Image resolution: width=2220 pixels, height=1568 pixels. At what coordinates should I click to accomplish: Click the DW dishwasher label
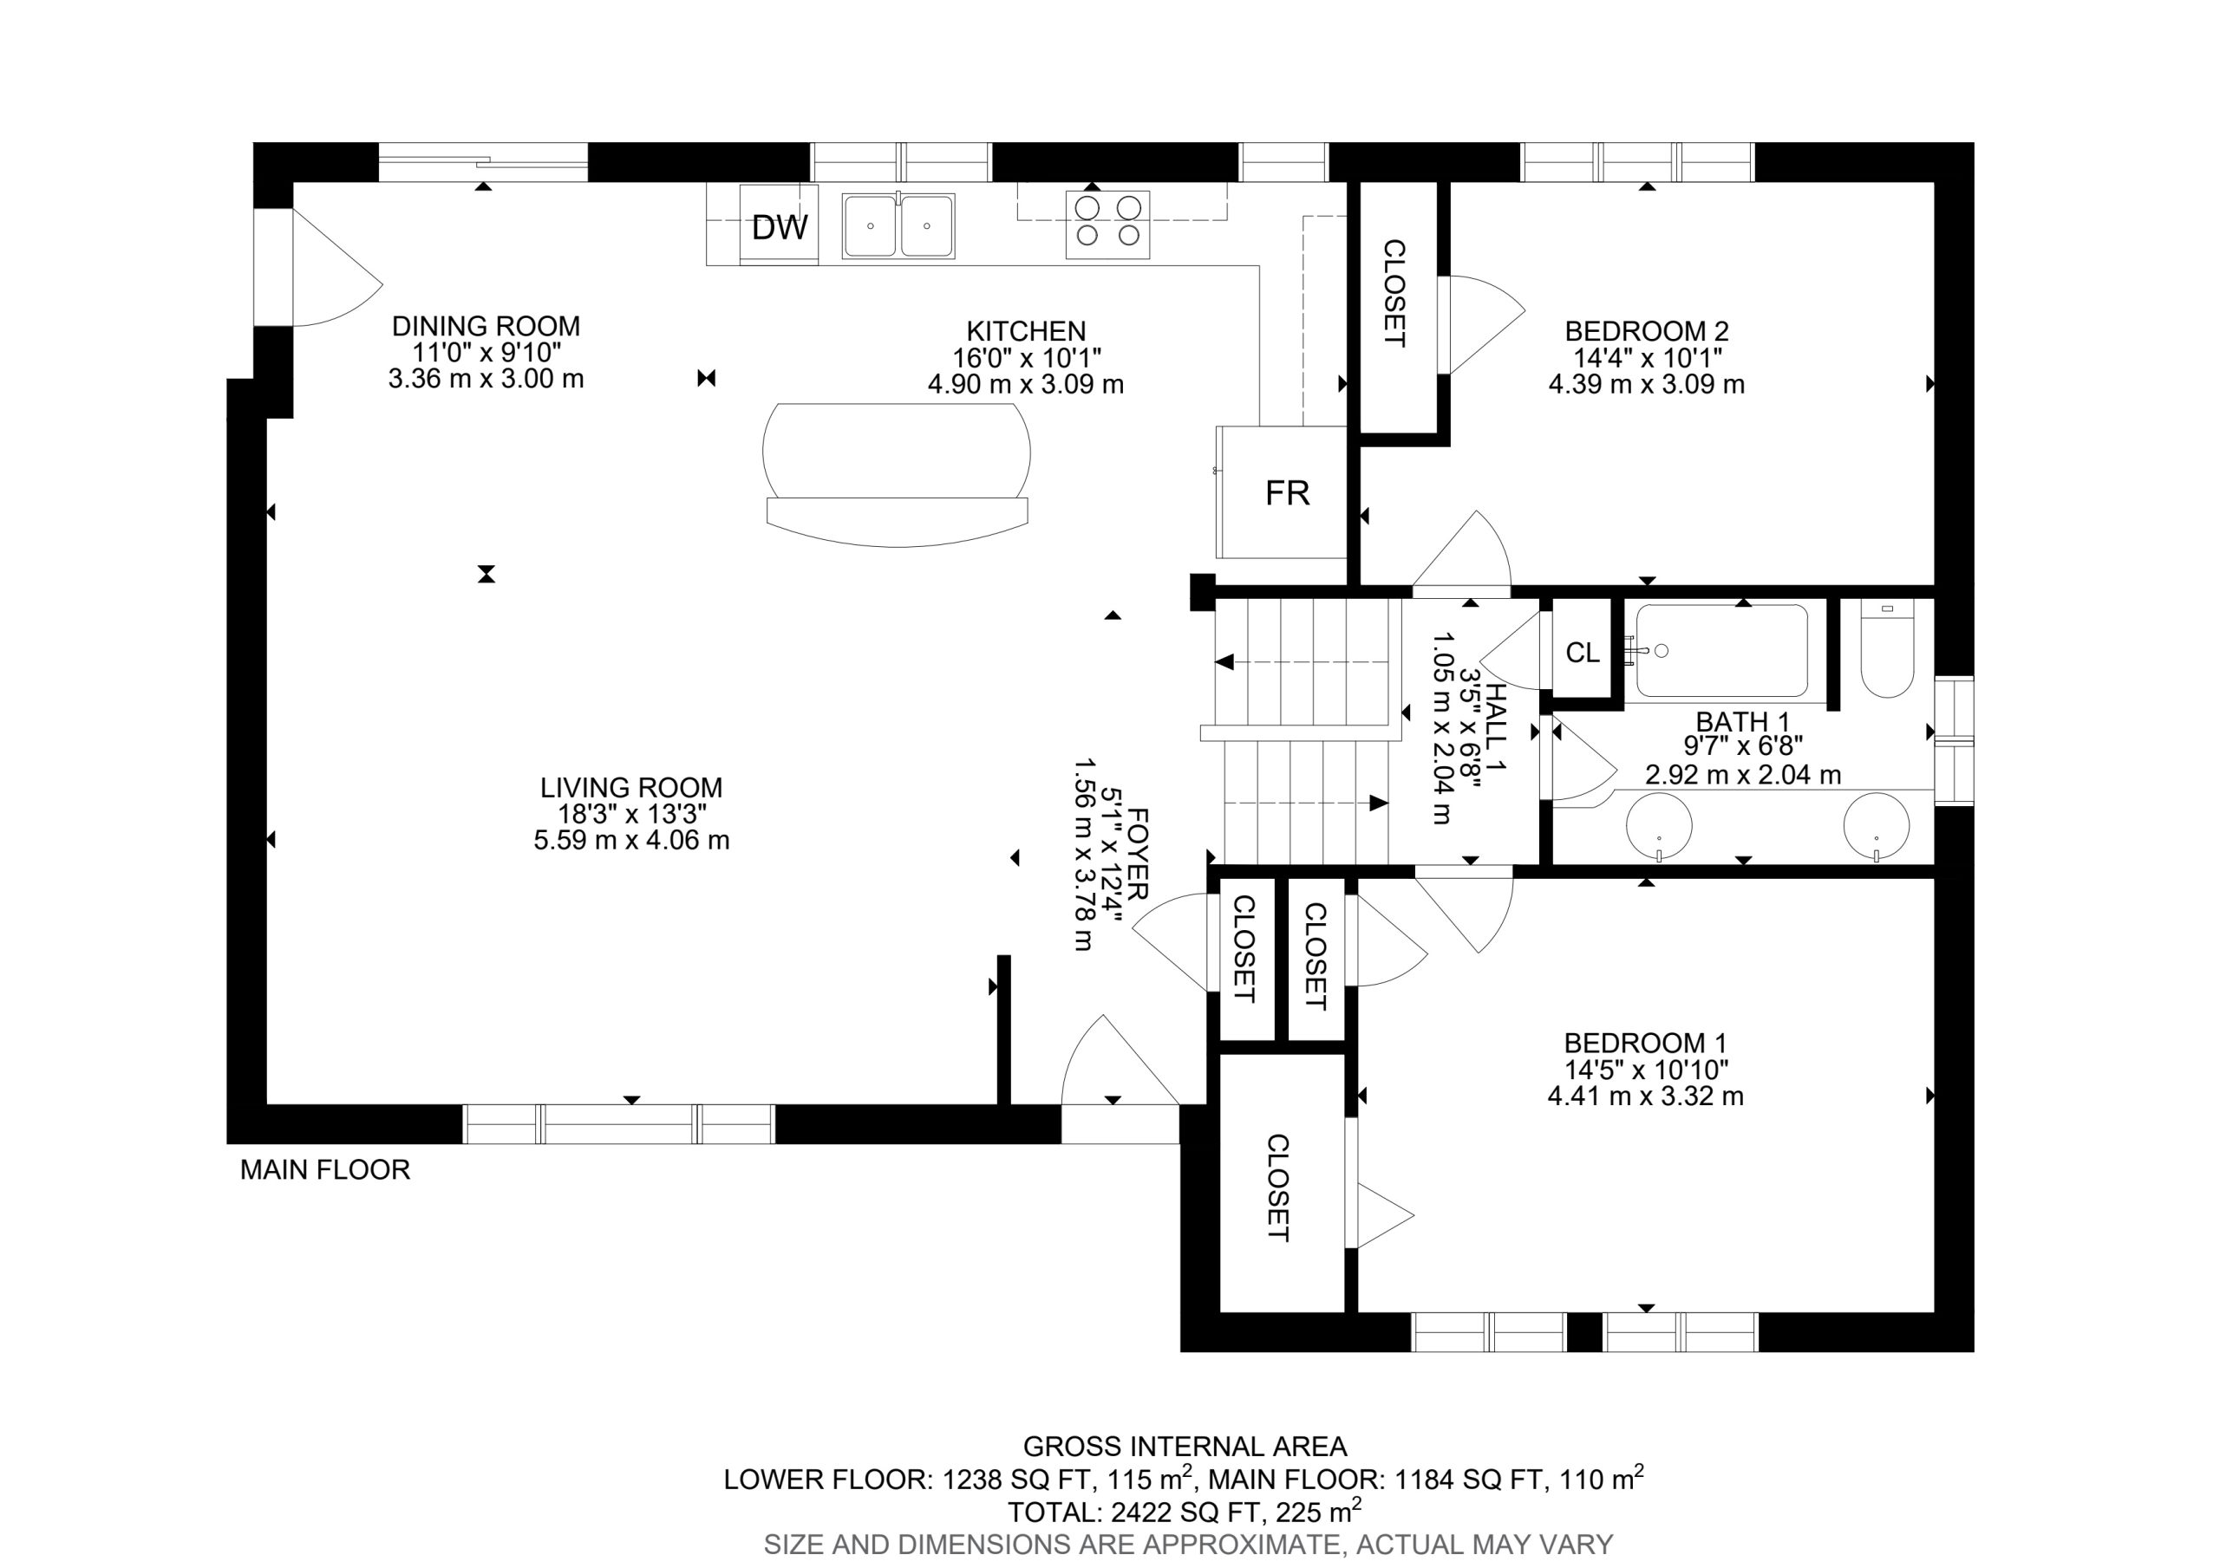pyautogui.click(x=780, y=228)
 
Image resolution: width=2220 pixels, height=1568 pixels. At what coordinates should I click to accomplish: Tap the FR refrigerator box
pyautogui.click(x=1282, y=492)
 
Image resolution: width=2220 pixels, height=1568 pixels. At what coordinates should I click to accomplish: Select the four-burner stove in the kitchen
pyautogui.click(x=1108, y=224)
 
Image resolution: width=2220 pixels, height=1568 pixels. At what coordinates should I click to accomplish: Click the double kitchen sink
pyautogui.click(x=898, y=225)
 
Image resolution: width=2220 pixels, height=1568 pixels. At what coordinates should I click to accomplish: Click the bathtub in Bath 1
pyautogui.click(x=1722, y=651)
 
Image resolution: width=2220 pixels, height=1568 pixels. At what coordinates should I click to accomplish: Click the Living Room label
pyautogui.click(x=631, y=788)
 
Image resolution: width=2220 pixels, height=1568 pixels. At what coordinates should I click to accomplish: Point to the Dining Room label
pyautogui.click(x=486, y=327)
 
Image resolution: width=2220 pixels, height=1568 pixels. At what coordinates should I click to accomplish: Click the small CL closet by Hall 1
pyautogui.click(x=1582, y=654)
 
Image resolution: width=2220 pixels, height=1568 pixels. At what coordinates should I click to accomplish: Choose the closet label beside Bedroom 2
pyautogui.click(x=1394, y=293)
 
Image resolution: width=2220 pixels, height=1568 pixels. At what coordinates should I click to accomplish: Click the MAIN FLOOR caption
pyautogui.click(x=325, y=1171)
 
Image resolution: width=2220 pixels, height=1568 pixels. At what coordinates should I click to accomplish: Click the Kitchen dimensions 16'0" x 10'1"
pyautogui.click(x=1026, y=358)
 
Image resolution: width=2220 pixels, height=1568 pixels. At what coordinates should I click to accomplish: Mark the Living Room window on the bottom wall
pyautogui.click(x=619, y=1124)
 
